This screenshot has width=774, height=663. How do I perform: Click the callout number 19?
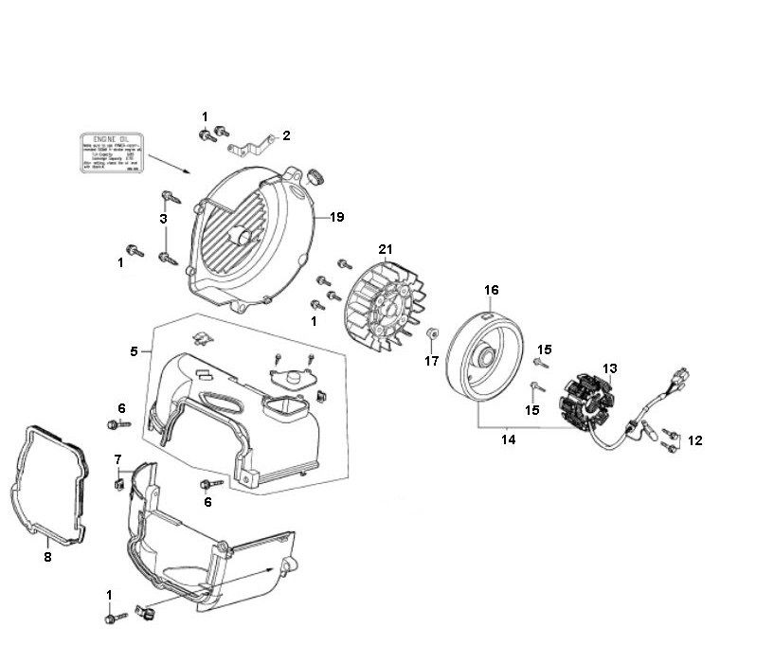(x=336, y=217)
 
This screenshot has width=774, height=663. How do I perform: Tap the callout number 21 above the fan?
(x=385, y=249)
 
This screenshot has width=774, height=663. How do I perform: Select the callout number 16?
(x=491, y=289)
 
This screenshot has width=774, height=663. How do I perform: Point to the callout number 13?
(x=609, y=368)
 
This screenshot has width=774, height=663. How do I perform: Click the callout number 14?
(x=508, y=439)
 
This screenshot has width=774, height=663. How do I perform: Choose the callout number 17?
(x=431, y=361)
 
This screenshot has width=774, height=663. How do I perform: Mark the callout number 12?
(x=695, y=439)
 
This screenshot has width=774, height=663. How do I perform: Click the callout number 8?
(x=47, y=557)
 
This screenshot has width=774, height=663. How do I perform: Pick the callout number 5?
(x=135, y=351)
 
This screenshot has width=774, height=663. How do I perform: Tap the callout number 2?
(x=286, y=135)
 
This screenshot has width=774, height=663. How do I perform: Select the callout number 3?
(x=163, y=219)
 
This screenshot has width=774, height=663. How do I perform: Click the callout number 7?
(x=117, y=459)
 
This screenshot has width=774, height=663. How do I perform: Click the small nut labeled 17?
(x=431, y=333)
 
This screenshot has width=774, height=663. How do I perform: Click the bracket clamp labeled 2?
(x=253, y=146)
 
